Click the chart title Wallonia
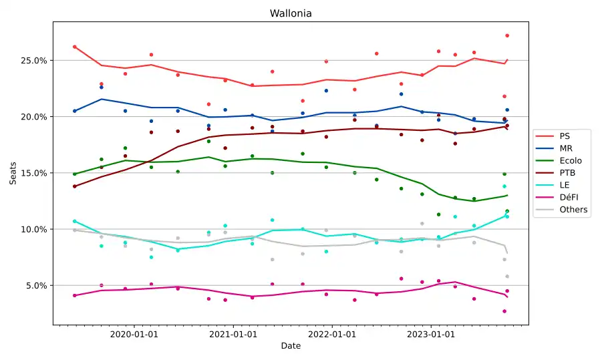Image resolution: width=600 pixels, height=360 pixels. point(291,13)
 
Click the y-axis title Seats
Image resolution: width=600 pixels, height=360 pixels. point(13,173)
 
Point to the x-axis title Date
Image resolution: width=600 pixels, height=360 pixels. point(291,346)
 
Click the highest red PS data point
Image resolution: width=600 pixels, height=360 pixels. point(507,35)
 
